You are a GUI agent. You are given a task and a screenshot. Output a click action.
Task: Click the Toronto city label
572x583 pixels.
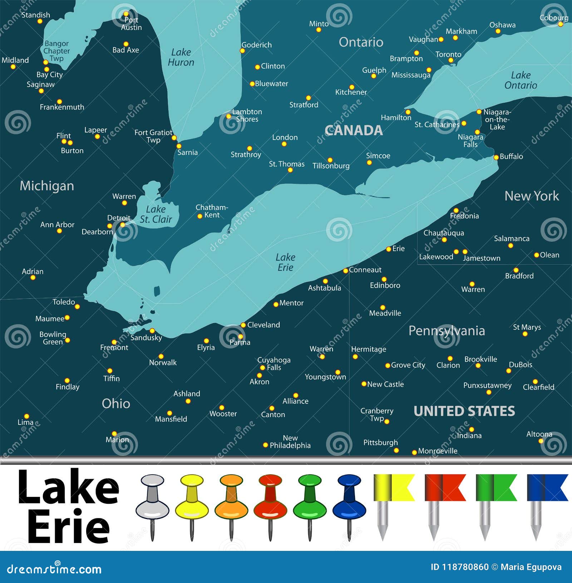tap(448, 54)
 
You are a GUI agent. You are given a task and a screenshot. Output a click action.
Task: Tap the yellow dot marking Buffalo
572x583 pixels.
tap(496, 157)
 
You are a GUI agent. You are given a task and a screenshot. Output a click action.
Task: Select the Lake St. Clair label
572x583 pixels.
tap(156, 214)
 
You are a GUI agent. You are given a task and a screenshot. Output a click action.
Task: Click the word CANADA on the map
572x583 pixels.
tap(354, 130)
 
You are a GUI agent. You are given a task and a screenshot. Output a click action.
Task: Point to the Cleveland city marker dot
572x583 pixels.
tap(243, 325)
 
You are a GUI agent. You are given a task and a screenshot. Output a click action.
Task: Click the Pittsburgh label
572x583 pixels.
tap(380, 443)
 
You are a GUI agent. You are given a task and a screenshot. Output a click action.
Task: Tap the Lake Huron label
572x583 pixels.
tap(181, 57)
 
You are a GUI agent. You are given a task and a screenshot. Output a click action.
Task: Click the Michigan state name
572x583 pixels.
tap(47, 186)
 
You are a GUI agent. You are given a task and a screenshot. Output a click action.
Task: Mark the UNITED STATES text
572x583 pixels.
tap(464, 411)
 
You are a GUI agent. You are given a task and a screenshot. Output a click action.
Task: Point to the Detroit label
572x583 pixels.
tap(119, 218)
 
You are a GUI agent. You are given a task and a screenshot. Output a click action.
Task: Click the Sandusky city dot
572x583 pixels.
tap(152, 331)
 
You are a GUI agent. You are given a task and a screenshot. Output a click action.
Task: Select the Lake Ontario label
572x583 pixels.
tap(521, 80)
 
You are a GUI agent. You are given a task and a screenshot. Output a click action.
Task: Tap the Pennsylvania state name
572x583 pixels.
tap(447, 331)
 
